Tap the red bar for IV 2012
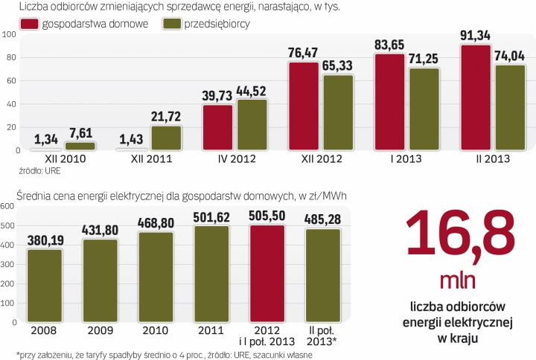tap(217, 127)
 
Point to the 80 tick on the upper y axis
tap(9, 58)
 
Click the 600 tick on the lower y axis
tap(7, 206)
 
